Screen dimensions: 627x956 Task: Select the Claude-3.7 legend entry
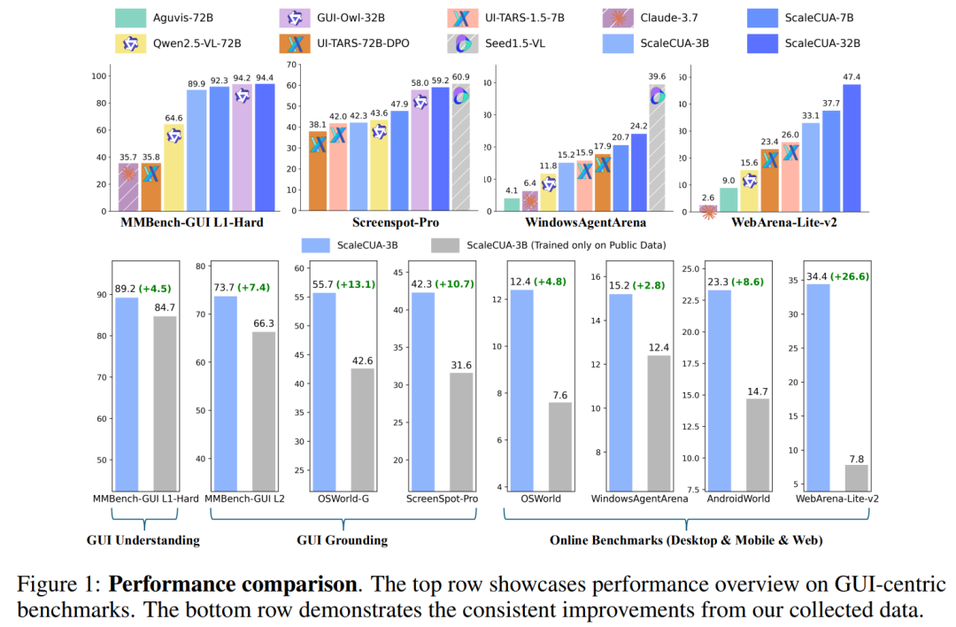pos(670,17)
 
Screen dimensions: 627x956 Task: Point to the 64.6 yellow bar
pos(174,167)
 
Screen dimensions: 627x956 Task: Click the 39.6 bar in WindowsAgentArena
pos(656,149)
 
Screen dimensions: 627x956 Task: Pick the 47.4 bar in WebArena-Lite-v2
pos(852,149)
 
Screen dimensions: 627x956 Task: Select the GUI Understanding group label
pos(143,539)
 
